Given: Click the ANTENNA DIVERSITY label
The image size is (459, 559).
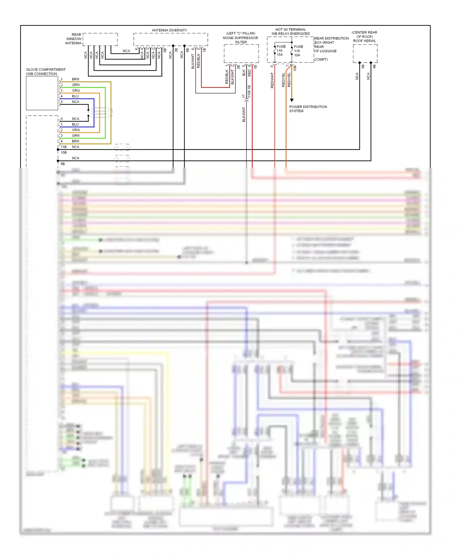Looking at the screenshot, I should (169, 30).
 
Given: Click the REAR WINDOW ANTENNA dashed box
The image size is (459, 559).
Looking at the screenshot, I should (100, 39).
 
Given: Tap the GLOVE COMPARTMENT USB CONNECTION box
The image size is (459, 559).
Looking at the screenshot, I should (42, 93).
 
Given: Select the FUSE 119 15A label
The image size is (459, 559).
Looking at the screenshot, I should (281, 50).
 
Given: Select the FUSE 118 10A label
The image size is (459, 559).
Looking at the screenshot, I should (298, 51).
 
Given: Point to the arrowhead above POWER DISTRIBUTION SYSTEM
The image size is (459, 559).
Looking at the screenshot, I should (292, 100).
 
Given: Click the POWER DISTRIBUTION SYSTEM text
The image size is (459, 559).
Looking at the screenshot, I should (308, 109).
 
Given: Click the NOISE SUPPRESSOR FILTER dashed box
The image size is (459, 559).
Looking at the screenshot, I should (241, 54).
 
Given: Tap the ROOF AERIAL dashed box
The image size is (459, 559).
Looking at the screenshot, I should (365, 53).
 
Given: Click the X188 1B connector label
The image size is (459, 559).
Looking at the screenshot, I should (249, 91).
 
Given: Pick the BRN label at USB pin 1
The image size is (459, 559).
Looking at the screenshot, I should (76, 79).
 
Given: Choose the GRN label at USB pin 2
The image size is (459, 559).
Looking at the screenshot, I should (76, 85).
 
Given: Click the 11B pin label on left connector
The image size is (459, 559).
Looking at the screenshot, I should (64, 147).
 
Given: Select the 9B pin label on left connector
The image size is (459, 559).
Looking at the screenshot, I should (63, 164).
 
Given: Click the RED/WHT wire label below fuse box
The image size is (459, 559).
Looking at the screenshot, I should (272, 80).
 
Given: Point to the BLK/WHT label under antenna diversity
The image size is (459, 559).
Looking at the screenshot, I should (193, 61).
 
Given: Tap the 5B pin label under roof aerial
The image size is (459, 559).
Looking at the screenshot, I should (363, 66).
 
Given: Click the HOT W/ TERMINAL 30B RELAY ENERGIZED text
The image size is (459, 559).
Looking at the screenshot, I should (290, 31).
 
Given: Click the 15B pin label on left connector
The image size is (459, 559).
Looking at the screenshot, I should (64, 152).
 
